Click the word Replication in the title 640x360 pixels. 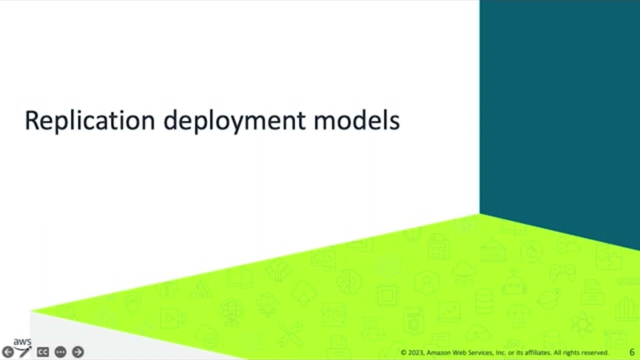(89, 121)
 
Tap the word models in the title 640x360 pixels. (356, 121)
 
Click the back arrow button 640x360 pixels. (8, 352)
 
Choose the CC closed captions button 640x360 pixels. (43, 352)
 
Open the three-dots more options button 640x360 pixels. (60, 352)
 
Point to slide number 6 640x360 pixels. (632, 352)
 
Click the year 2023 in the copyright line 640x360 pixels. (416, 353)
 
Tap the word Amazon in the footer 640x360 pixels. (439, 353)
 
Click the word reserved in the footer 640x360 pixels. (595, 353)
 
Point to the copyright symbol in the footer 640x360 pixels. (403, 353)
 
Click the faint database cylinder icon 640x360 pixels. (484, 300)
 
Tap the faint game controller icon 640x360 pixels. (562, 272)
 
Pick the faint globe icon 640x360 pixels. (231, 311)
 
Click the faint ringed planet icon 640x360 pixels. (548, 298)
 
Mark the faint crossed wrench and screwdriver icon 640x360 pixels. (289, 333)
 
